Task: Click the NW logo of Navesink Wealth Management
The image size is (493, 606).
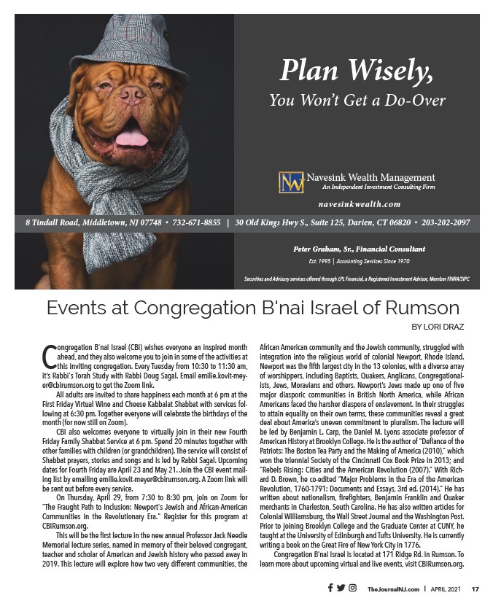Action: click(290, 182)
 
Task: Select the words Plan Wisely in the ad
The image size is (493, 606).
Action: click(357, 71)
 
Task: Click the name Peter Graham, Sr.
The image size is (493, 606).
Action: click(328, 249)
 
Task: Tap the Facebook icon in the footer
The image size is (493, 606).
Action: click(330, 588)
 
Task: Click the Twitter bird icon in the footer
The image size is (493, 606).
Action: click(341, 588)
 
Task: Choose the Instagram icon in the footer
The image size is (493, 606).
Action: click(352, 588)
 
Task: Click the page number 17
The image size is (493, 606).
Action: click(474, 589)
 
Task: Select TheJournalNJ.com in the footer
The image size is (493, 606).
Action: click(392, 589)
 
